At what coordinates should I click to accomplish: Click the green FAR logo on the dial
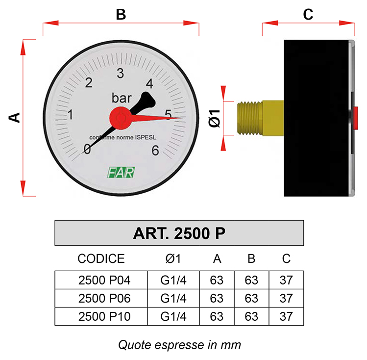click(x=121, y=172)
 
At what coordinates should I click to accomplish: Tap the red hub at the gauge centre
click(x=121, y=118)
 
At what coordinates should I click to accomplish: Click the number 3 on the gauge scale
click(x=121, y=73)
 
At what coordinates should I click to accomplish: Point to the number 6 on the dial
click(x=155, y=151)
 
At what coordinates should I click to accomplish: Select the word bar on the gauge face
click(x=122, y=98)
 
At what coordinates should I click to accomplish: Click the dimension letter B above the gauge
click(x=121, y=15)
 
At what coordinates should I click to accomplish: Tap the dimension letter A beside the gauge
click(x=14, y=118)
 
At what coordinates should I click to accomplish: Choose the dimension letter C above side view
click(x=308, y=15)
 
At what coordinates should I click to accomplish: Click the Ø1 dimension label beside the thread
click(x=215, y=119)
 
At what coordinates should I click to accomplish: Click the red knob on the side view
click(x=356, y=118)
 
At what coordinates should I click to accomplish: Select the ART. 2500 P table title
click(x=179, y=233)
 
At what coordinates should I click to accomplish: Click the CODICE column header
click(x=101, y=258)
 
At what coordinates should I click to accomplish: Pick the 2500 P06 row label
click(x=104, y=298)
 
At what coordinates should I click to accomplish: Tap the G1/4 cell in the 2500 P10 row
click(x=173, y=316)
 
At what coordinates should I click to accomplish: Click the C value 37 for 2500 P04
click(x=286, y=280)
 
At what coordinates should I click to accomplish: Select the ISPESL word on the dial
click(x=146, y=137)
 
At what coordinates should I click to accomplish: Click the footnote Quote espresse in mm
click(x=179, y=345)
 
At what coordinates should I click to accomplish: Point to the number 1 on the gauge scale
click(x=70, y=115)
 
